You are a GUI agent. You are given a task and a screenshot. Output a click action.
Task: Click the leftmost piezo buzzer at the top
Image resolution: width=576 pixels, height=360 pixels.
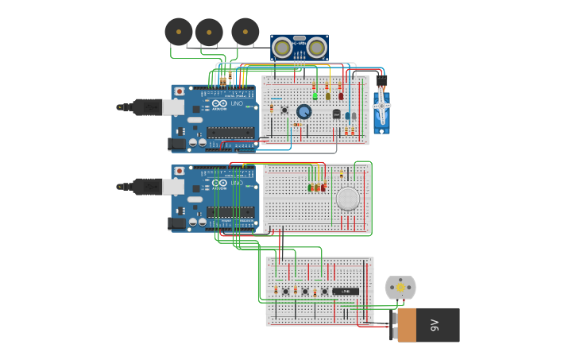[x=179, y=32]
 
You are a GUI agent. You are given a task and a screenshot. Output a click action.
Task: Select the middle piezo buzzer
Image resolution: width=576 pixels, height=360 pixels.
[x=209, y=33]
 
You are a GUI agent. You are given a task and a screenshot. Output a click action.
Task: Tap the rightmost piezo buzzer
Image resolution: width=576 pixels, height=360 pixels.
[x=245, y=32]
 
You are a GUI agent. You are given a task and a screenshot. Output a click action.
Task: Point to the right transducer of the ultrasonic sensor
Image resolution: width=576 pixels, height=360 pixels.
[x=317, y=48]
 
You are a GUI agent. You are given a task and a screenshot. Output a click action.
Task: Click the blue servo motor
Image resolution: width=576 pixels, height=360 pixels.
[x=381, y=111]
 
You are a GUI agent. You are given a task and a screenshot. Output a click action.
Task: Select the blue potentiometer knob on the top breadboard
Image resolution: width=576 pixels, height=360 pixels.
[x=303, y=112]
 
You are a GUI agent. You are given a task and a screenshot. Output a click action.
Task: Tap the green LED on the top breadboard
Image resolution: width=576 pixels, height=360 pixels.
[x=315, y=96]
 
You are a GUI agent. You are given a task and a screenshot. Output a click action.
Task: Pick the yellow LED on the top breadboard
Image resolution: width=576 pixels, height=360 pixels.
[x=327, y=96]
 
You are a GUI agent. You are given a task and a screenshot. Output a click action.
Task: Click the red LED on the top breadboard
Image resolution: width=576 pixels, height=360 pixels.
[x=341, y=96]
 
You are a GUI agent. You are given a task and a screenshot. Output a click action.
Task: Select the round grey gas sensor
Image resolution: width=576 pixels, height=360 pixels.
[x=348, y=199]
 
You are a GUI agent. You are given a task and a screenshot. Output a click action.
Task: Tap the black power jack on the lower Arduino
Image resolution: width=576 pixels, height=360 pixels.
[x=176, y=224]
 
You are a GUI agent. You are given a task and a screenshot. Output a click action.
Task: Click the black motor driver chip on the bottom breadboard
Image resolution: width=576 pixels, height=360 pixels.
[x=345, y=292]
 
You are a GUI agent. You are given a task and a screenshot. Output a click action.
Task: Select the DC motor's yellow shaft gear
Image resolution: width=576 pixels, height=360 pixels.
[x=400, y=287]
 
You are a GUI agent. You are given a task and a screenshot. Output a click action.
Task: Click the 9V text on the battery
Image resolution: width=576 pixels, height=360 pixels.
[x=435, y=325]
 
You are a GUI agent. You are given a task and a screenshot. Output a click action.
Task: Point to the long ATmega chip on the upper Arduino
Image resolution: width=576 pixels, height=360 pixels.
[x=230, y=132]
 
